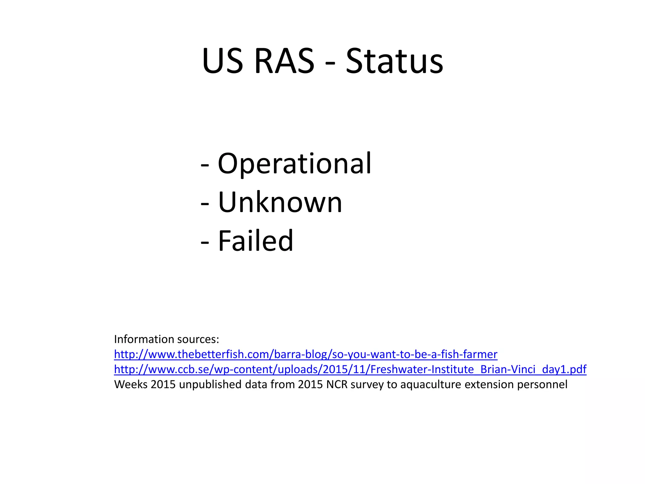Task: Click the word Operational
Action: (x=294, y=164)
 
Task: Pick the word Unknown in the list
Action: (x=280, y=203)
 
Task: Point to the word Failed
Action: (x=255, y=241)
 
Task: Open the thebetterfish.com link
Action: (x=305, y=354)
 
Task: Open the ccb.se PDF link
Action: (x=350, y=369)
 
